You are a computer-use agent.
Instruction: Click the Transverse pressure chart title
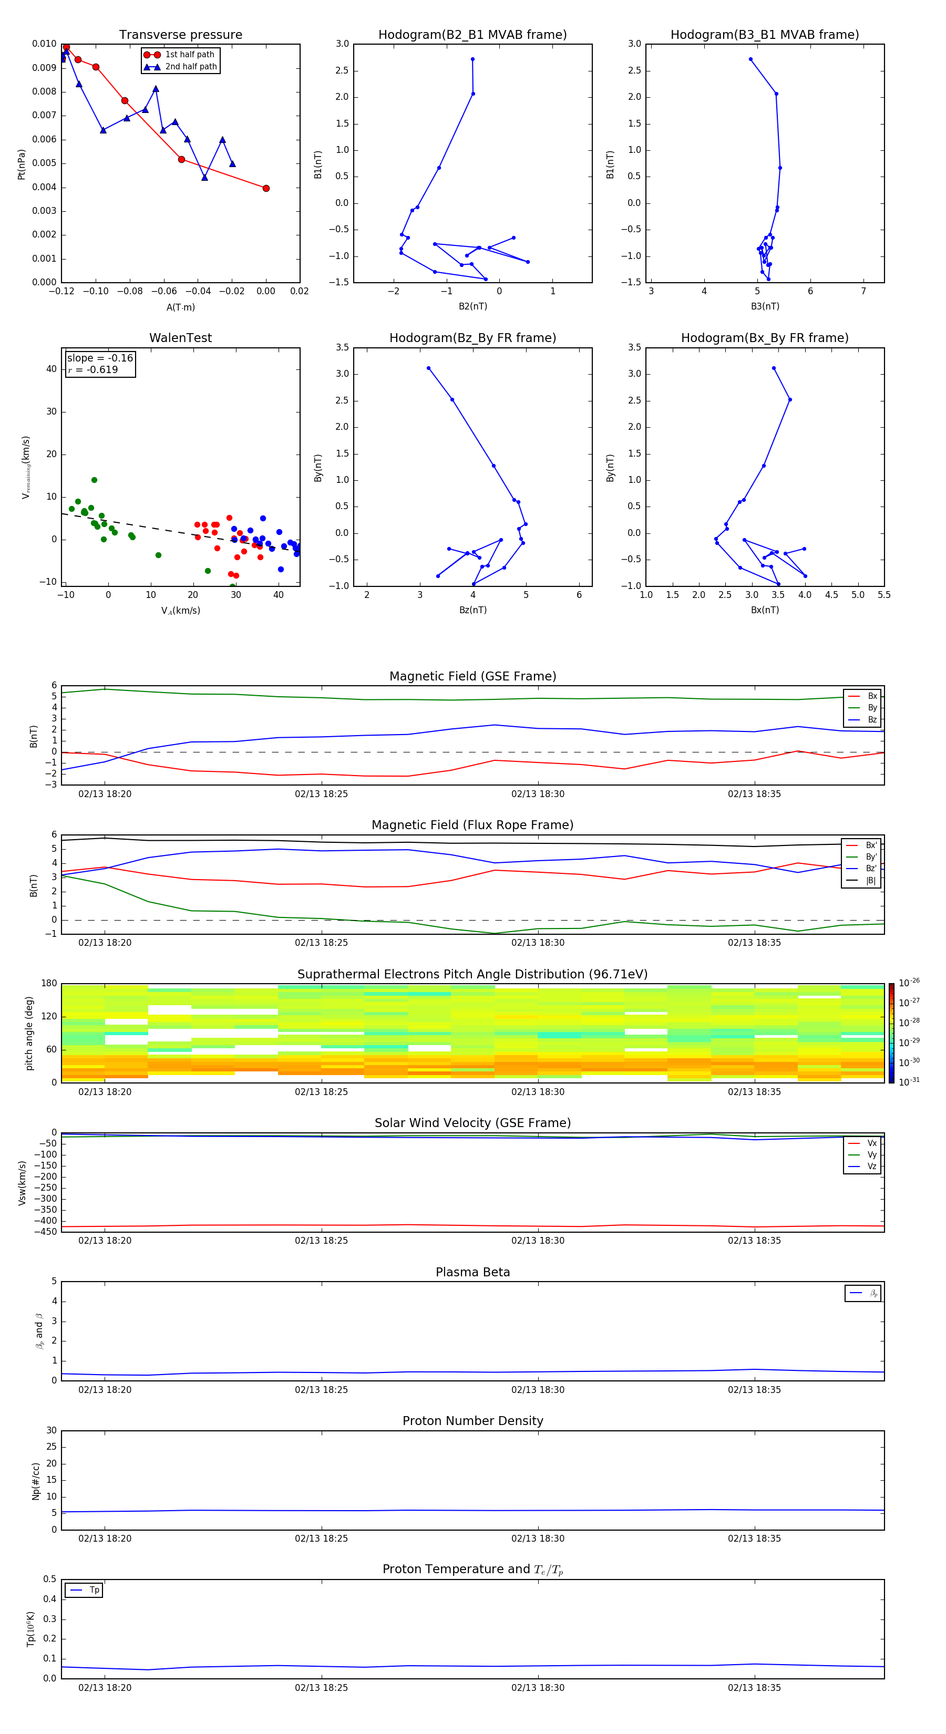coord(180,35)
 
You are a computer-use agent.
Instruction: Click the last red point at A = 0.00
coord(266,189)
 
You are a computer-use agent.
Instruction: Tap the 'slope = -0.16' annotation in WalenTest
coord(100,358)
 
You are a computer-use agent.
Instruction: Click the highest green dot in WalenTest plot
coord(94,480)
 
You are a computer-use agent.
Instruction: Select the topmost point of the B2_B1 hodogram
coord(472,59)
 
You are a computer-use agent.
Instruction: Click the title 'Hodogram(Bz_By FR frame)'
coord(472,338)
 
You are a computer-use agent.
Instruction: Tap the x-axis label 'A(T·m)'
coord(180,307)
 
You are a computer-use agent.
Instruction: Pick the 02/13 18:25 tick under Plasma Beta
coord(321,1389)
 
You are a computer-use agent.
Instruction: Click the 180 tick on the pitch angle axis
coord(49,984)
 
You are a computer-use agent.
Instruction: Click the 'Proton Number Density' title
coord(472,1421)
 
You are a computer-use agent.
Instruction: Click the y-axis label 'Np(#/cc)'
coord(36,1481)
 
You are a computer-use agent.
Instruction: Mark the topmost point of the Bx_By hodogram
coord(774,368)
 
